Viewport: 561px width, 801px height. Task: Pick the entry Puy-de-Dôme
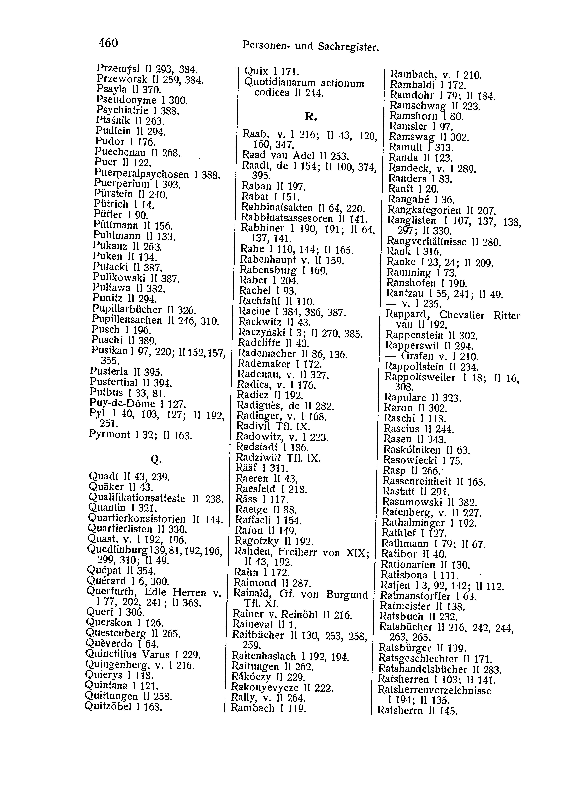122,404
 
